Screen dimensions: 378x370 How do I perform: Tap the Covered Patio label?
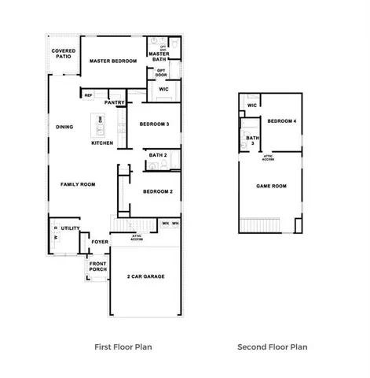pyautogui.click(x=64, y=54)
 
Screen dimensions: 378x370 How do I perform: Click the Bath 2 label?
pyautogui.click(x=158, y=155)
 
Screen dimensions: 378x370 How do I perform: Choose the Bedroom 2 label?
pyautogui.click(x=157, y=192)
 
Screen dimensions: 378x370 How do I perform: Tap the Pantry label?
pyautogui.click(x=115, y=102)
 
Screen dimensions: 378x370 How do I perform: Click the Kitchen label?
pyautogui.click(x=102, y=143)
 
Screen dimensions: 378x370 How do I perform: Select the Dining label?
pyautogui.click(x=64, y=127)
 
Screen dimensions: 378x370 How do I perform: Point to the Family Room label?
pyautogui.click(x=78, y=184)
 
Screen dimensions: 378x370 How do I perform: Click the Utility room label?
pyautogui.click(x=71, y=228)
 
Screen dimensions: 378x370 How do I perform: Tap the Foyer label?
pyautogui.click(x=100, y=243)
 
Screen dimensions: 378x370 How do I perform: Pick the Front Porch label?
pyautogui.click(x=97, y=267)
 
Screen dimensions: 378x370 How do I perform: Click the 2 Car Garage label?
pyautogui.click(x=145, y=277)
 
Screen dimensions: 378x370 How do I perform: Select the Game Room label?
pyautogui.click(x=272, y=187)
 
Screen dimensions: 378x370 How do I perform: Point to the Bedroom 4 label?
pyautogui.click(x=281, y=121)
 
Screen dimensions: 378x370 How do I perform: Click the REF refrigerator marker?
pyautogui.click(x=88, y=94)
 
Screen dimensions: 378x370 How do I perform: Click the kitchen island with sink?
pyautogui.click(x=101, y=123)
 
